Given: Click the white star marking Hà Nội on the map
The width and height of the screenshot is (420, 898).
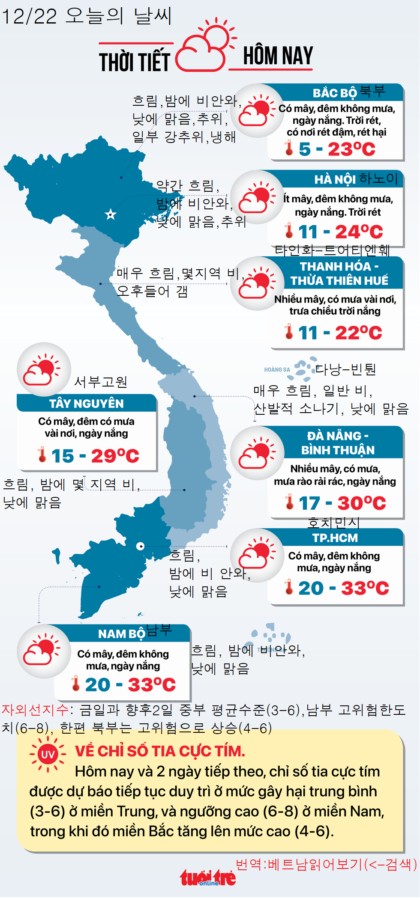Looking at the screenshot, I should (111, 214).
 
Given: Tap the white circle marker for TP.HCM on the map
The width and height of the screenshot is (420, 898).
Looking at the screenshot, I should (140, 546).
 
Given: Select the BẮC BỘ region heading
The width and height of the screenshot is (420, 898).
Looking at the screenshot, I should (335, 93).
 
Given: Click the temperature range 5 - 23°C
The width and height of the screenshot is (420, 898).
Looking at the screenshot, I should (337, 149).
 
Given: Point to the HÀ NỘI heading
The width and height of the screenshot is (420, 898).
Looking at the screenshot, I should (335, 179).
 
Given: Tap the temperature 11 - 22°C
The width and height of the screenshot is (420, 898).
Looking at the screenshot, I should (339, 333).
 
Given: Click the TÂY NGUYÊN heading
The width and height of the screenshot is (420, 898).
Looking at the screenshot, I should (87, 404).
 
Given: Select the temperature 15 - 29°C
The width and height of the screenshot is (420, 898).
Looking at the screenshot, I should (95, 456).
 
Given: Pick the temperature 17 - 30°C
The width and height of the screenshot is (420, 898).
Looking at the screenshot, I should (342, 503).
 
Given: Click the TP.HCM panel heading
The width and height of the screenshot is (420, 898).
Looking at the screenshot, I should (335, 538).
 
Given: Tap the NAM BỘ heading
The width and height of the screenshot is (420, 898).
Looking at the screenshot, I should (122, 634).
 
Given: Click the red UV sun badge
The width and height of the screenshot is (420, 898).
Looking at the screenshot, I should (48, 754).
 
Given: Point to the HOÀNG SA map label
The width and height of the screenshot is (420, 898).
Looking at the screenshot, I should (277, 369).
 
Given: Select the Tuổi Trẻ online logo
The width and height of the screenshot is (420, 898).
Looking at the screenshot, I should (208, 878).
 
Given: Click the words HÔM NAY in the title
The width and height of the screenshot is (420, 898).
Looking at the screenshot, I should (278, 56).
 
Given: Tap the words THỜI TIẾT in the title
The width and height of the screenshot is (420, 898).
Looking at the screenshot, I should (135, 62).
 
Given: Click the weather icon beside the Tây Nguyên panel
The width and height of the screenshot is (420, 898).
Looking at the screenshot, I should (43, 369).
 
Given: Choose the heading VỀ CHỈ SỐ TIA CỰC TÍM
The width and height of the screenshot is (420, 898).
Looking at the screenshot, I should (160, 751).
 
